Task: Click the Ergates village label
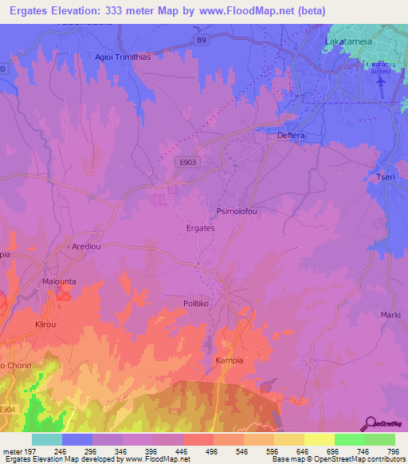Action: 200,228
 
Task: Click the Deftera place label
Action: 291,136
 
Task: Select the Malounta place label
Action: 61,282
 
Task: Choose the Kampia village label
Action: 229,360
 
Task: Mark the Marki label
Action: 390,315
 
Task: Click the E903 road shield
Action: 186,162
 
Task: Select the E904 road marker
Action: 6,410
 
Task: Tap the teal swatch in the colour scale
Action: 47,439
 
